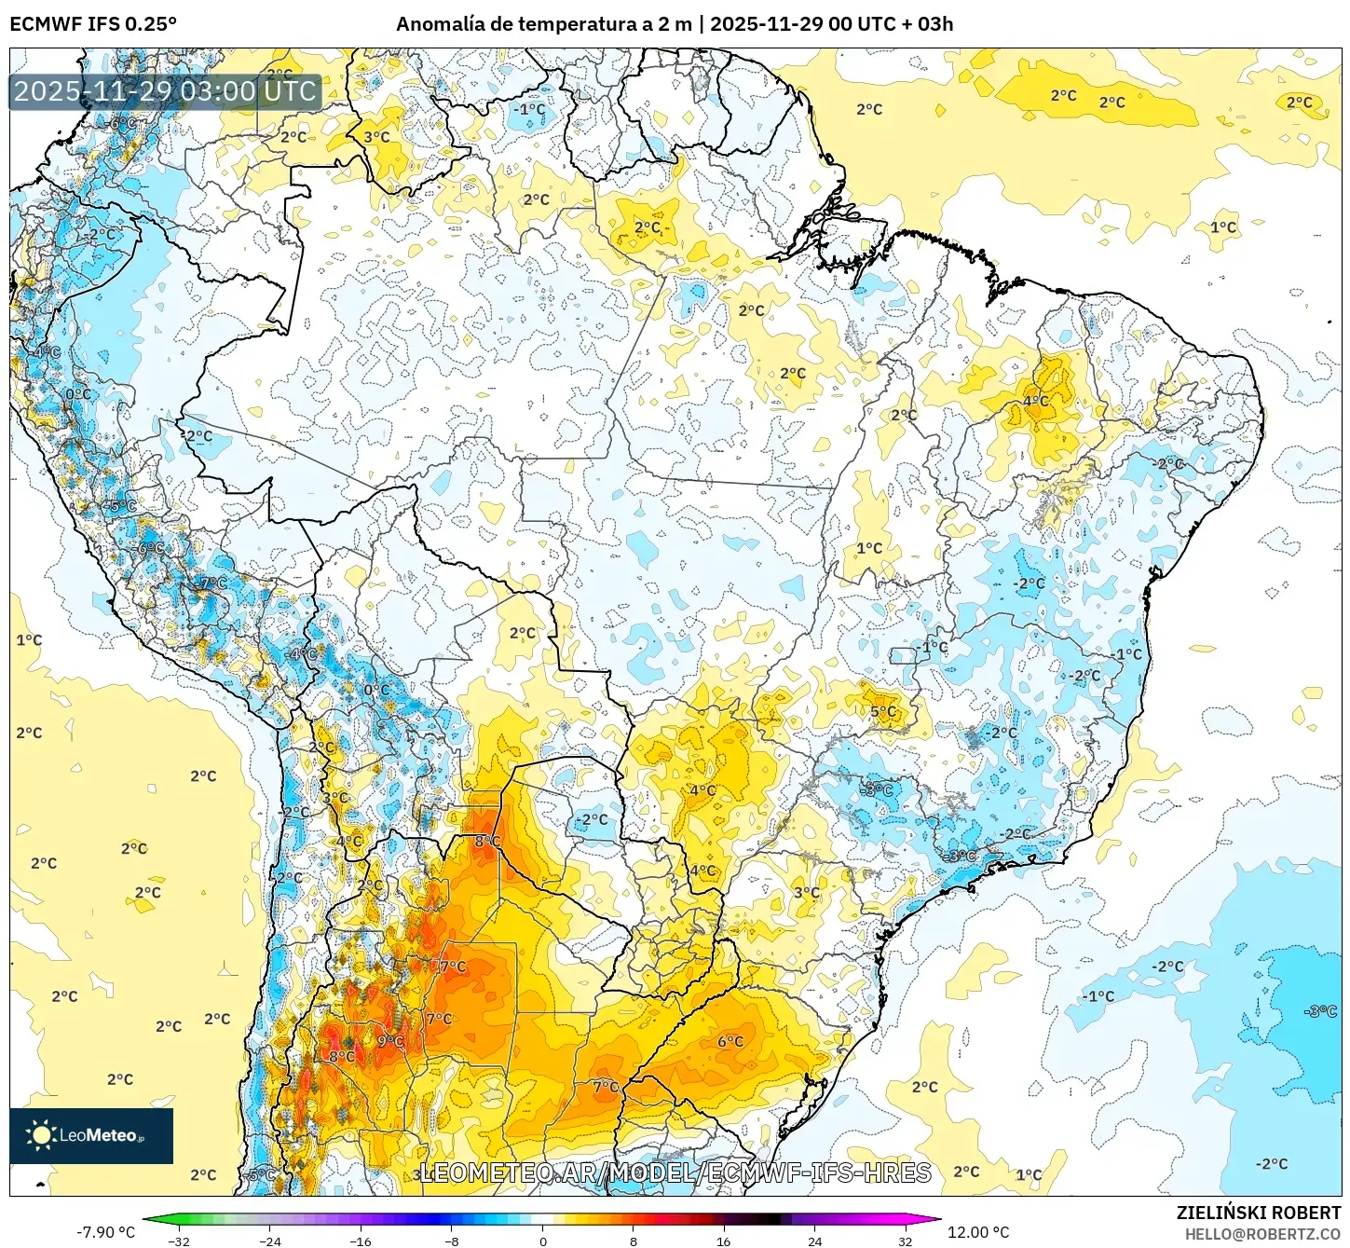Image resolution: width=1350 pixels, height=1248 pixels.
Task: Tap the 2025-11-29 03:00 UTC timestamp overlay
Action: click(165, 91)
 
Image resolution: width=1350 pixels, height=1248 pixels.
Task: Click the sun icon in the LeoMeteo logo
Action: click(41, 1134)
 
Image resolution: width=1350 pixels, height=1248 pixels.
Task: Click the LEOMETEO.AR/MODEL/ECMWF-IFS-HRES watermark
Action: click(675, 1173)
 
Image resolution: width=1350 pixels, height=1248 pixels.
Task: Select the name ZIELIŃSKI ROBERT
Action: click(1258, 1213)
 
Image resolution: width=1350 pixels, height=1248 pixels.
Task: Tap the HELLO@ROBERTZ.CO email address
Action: click(1262, 1234)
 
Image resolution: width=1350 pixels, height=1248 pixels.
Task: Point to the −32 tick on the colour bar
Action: click(179, 1241)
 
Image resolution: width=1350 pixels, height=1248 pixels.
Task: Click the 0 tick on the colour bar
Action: click(543, 1241)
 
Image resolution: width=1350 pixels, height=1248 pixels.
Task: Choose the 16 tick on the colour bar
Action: click(724, 1241)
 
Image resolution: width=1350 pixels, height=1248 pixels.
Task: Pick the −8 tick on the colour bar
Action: click(452, 1241)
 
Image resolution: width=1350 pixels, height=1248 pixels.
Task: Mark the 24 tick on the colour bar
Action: click(814, 1241)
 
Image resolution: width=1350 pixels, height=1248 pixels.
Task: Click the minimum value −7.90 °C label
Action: click(105, 1232)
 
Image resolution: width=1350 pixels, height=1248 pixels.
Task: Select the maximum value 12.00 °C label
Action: click(978, 1232)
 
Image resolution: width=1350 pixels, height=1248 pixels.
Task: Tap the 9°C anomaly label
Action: click(390, 1041)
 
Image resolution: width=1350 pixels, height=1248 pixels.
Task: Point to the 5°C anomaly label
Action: click(883, 712)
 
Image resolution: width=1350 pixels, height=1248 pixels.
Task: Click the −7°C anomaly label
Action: click(213, 583)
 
